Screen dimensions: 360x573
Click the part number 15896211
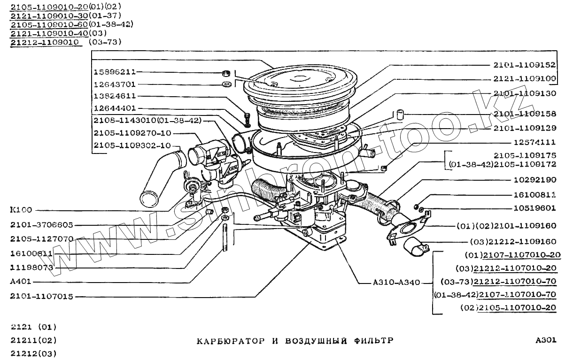(x=115, y=72)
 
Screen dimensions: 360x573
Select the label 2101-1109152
(x=524, y=65)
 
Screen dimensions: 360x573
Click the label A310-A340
(x=396, y=283)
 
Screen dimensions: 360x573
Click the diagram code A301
(x=546, y=340)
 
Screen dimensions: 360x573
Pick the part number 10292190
(x=534, y=180)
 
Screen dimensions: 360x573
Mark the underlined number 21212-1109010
(x=44, y=42)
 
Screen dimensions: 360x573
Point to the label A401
(x=20, y=283)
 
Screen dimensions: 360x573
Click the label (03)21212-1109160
(x=513, y=241)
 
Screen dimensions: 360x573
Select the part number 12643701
(x=115, y=84)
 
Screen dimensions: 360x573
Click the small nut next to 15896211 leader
(x=226, y=73)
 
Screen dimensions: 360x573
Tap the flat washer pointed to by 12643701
(x=226, y=84)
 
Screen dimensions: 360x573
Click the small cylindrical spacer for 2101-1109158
(x=400, y=114)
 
